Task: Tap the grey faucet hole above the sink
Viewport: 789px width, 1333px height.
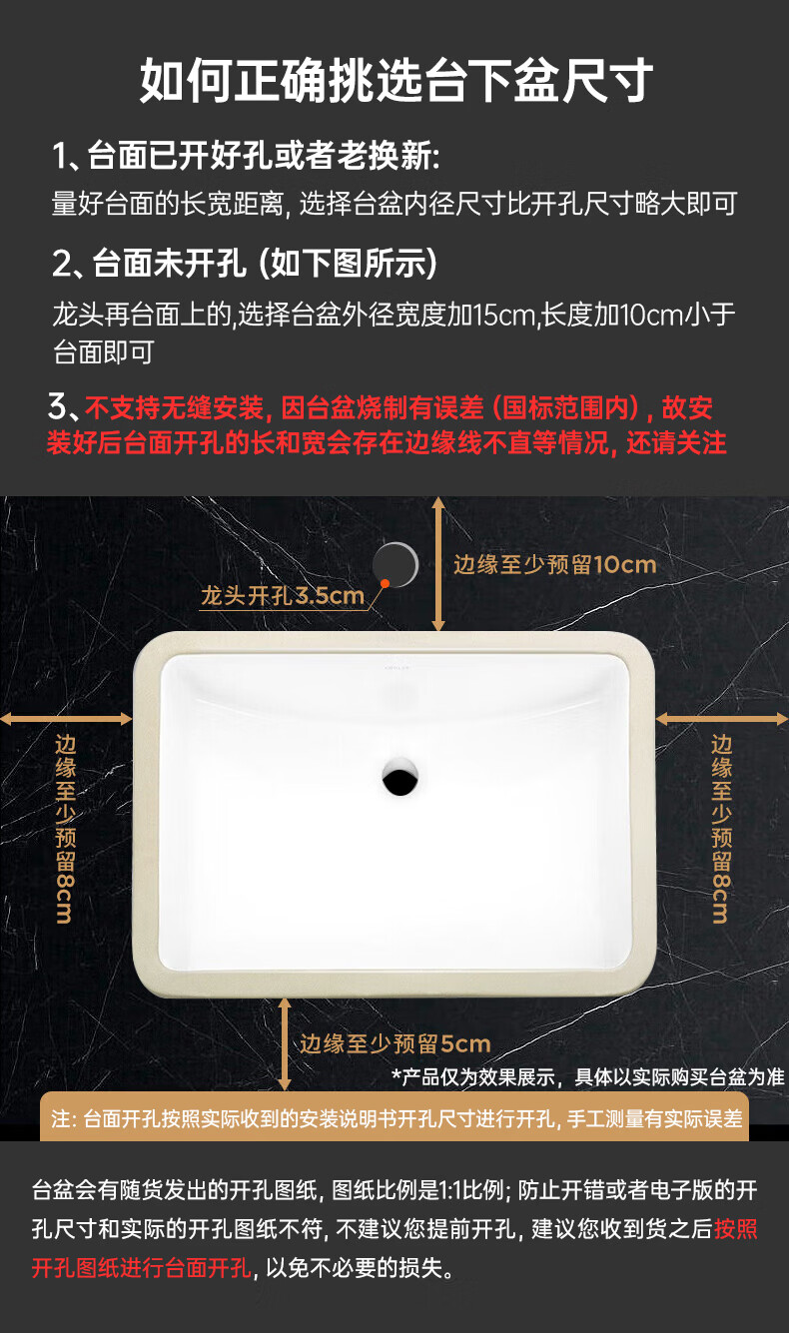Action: [x=395, y=565]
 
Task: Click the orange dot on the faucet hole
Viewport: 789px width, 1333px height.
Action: [x=385, y=584]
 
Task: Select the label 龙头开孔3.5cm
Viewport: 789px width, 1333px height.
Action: [x=282, y=596]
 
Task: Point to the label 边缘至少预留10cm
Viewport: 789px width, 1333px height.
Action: [x=554, y=565]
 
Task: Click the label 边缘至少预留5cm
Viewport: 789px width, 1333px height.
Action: [x=395, y=1043]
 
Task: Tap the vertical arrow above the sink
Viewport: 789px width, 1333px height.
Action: [x=438, y=563]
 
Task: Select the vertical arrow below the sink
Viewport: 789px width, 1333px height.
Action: [x=285, y=1043]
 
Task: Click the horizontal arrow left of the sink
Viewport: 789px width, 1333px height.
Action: [x=66, y=719]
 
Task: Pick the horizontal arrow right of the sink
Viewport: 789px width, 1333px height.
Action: [x=722, y=719]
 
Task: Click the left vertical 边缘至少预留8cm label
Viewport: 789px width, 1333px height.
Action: [x=66, y=829]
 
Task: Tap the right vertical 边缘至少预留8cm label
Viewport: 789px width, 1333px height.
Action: [x=722, y=829]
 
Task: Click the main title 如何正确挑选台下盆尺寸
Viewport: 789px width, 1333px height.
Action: [x=395, y=80]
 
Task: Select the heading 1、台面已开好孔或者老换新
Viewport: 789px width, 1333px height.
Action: [x=247, y=156]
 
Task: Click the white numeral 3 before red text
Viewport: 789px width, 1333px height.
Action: [x=58, y=406]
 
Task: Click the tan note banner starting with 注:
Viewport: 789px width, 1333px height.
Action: [x=394, y=1118]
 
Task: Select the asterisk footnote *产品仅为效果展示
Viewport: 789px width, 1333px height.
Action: [x=588, y=1077]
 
